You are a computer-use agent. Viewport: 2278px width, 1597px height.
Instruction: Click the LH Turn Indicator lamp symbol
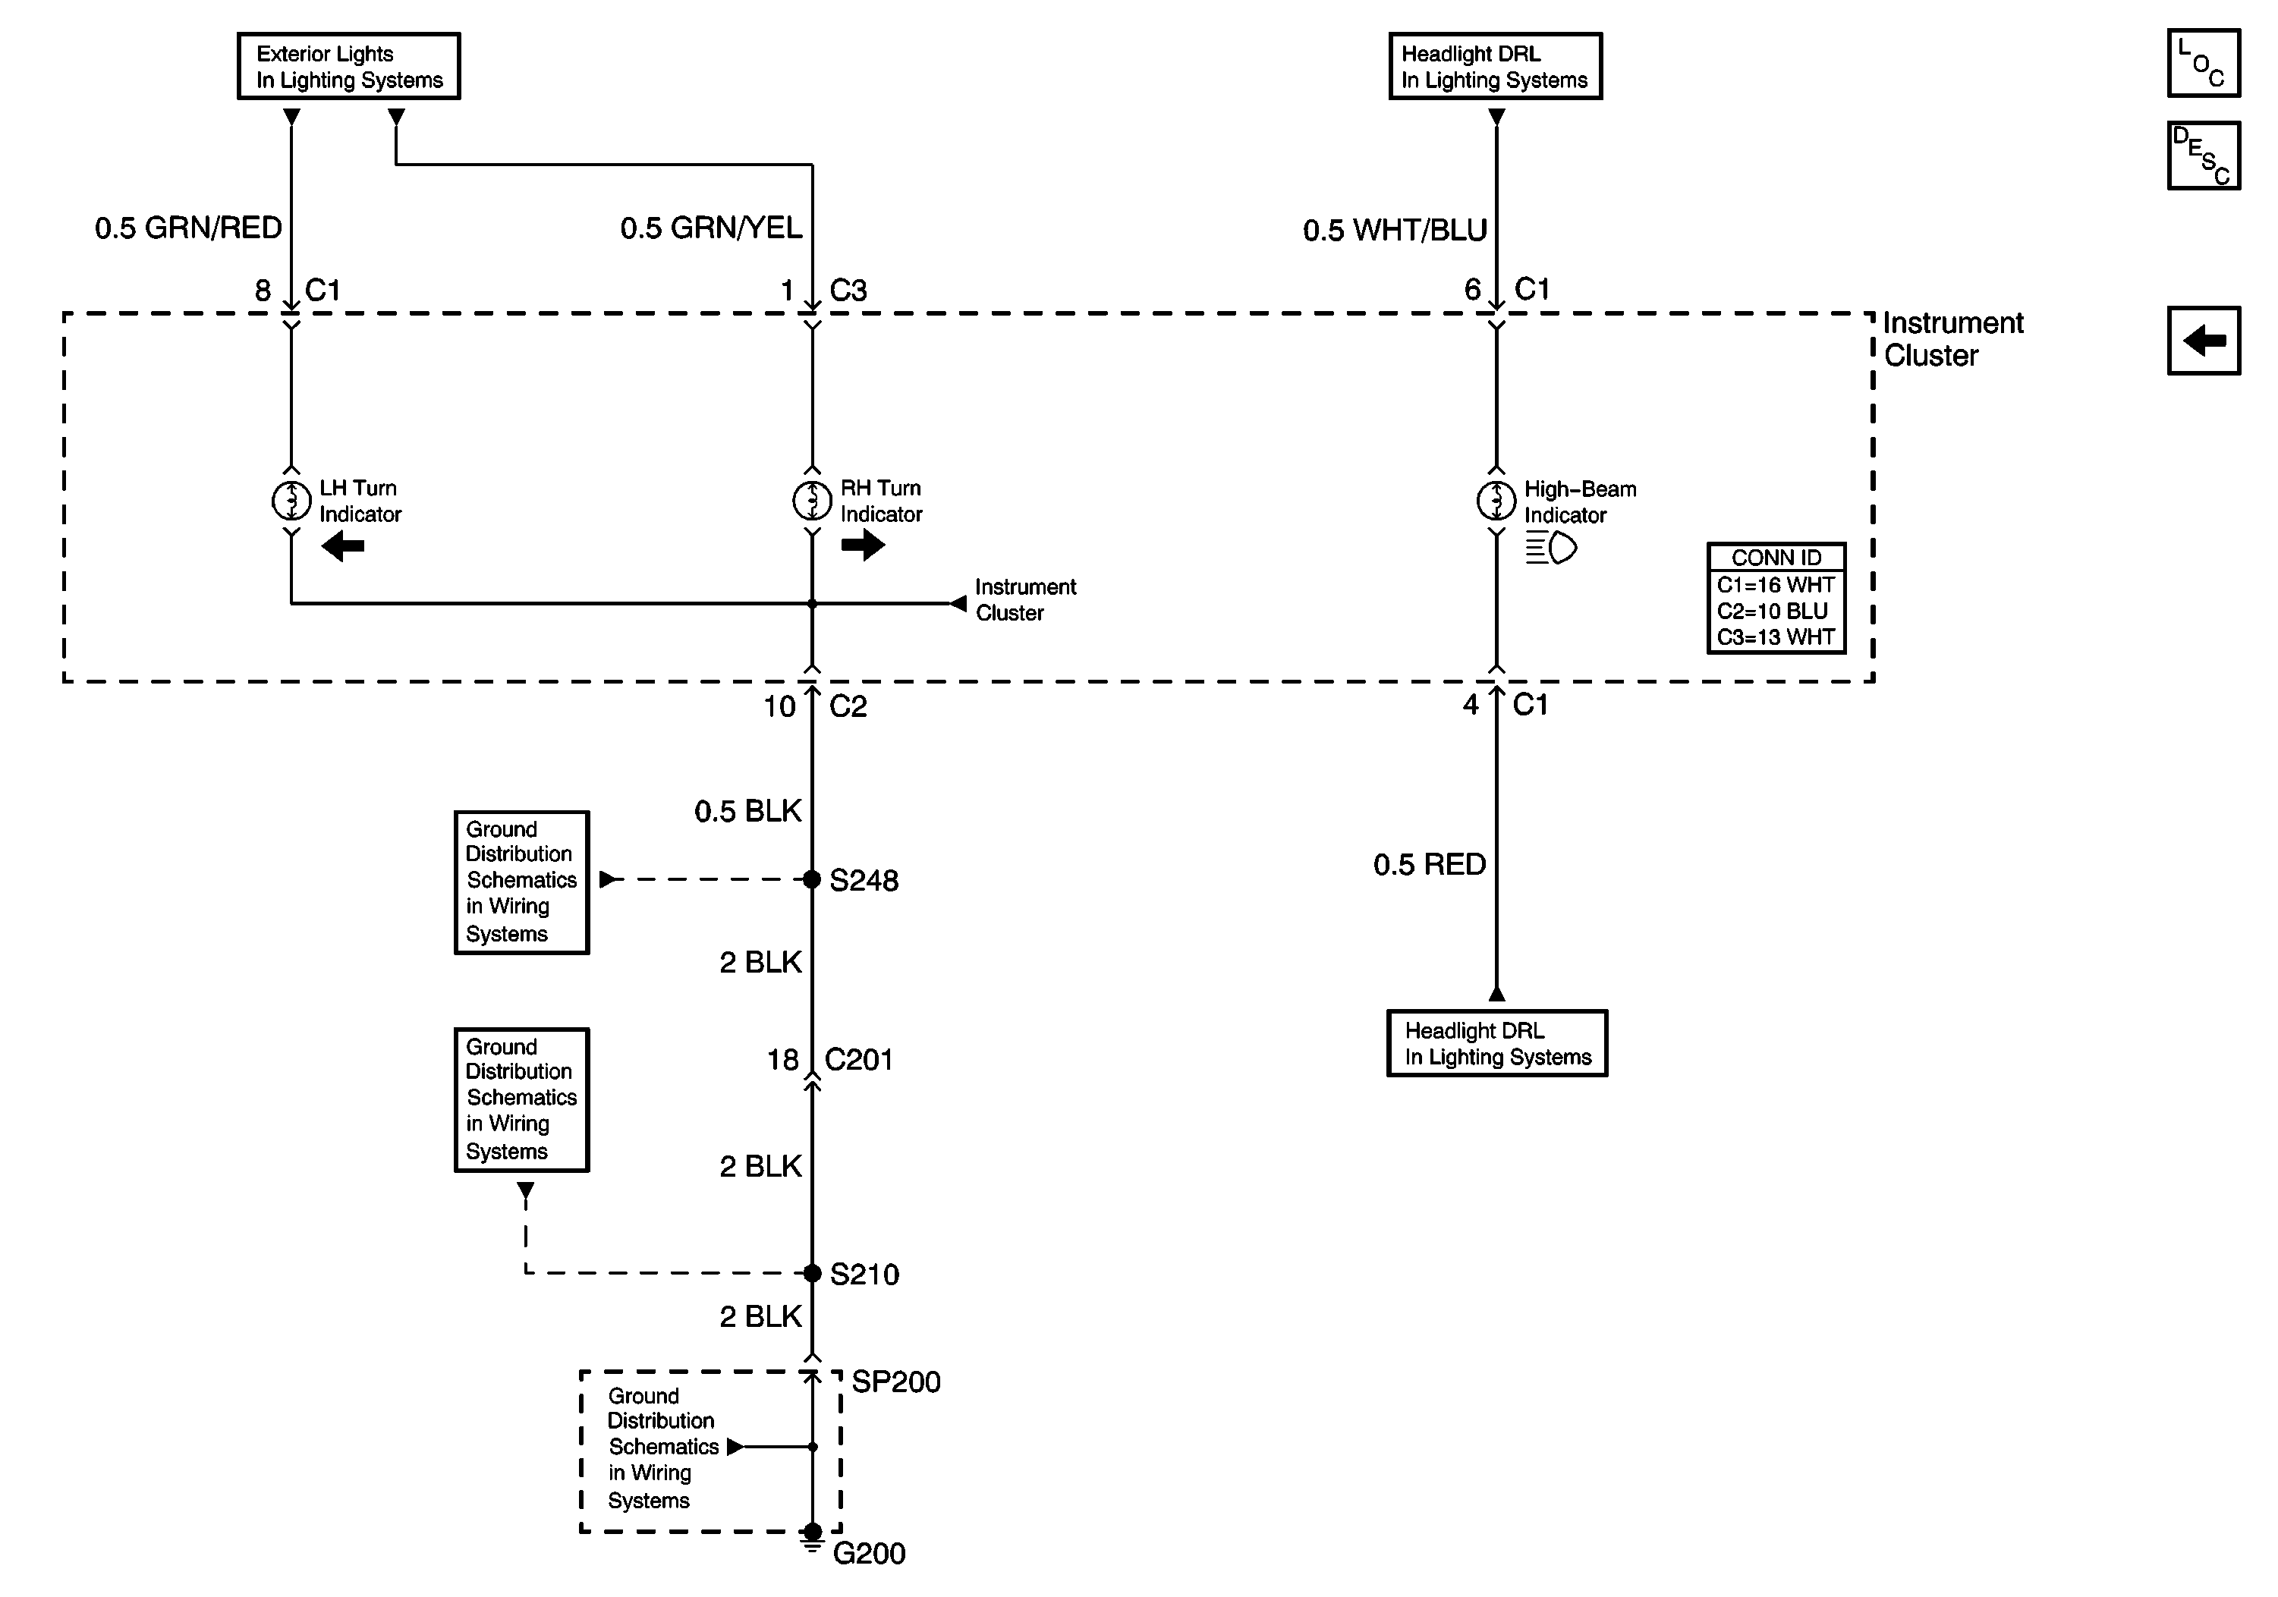291,501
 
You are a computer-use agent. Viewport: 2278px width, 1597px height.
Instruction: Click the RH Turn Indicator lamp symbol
812,501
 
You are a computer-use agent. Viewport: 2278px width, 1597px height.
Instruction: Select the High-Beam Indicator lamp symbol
1496,501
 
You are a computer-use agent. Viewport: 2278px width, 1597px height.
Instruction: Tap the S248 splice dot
812,879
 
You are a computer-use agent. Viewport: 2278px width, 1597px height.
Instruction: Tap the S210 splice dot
812,1272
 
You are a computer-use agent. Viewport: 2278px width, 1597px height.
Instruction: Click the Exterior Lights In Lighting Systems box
348,67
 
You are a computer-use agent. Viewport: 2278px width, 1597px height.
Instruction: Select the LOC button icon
2203,64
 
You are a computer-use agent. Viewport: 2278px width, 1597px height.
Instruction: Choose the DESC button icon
2203,156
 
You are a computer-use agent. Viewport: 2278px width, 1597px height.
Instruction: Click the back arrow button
2203,340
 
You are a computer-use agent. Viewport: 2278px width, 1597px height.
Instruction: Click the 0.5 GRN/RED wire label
188,228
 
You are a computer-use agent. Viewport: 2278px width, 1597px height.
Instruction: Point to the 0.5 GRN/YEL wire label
710,228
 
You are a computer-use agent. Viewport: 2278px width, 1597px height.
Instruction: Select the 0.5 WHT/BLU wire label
1394,230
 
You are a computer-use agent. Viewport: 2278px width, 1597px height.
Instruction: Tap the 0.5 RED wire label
1429,864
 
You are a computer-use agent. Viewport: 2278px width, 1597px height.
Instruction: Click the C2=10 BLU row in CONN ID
1775,611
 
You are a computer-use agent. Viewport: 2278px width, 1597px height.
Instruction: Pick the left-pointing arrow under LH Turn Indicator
343,545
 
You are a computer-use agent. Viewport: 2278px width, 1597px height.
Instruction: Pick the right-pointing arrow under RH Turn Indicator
862,545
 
